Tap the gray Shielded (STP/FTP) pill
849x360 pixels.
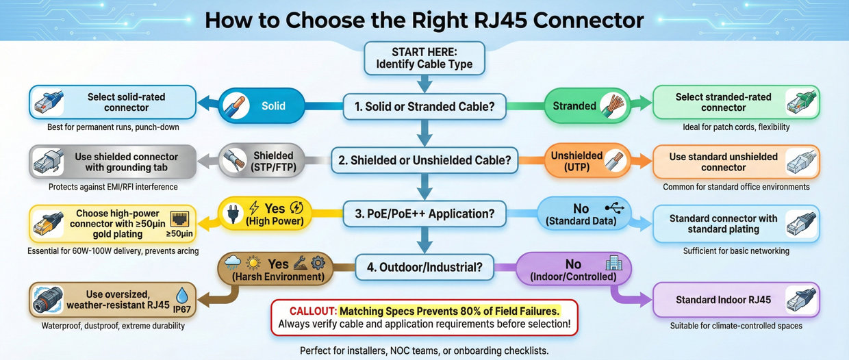pos(261,162)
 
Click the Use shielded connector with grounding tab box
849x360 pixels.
pos(112,162)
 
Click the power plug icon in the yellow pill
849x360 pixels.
pos(232,214)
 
